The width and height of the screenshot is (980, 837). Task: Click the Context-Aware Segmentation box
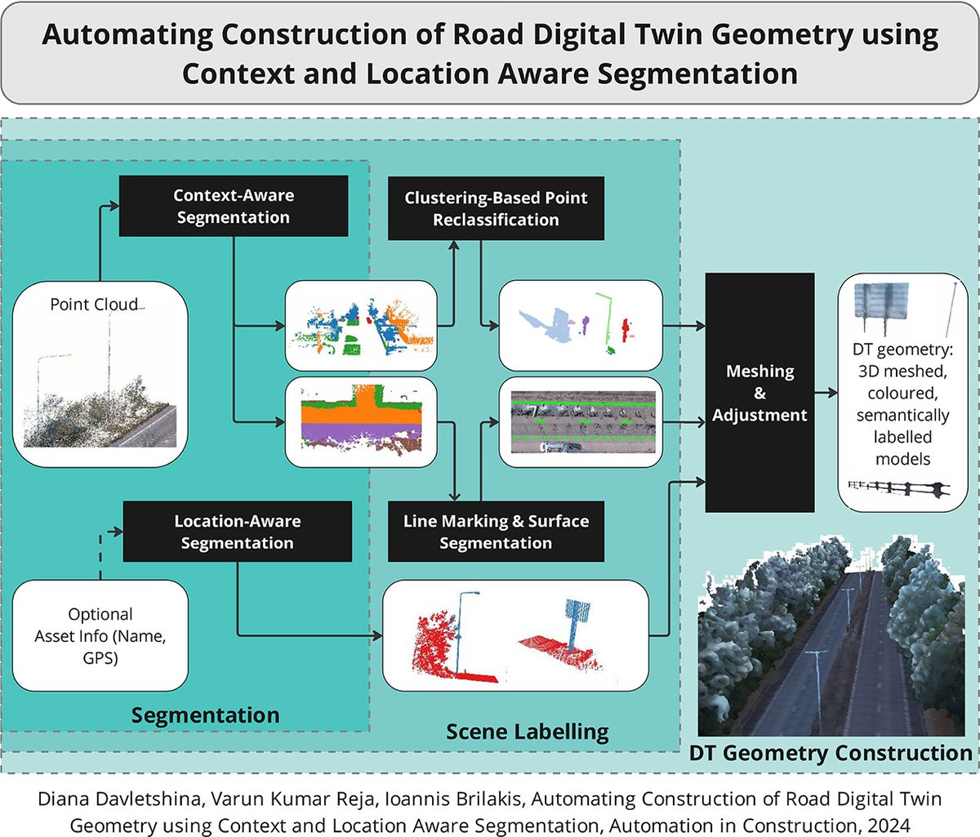click(x=234, y=207)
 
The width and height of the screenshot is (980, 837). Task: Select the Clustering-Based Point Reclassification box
click(x=496, y=209)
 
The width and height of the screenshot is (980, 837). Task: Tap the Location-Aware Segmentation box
click(x=237, y=532)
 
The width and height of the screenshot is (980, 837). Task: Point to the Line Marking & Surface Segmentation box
click(x=496, y=532)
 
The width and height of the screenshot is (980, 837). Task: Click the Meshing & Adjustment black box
click(x=759, y=393)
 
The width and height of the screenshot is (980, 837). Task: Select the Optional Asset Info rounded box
click(x=100, y=635)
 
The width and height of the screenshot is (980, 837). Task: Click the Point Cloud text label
click(x=94, y=305)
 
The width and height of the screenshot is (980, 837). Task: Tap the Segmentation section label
click(x=205, y=715)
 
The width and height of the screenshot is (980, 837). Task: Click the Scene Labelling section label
click(x=527, y=732)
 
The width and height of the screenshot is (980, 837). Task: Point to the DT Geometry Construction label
click(x=830, y=753)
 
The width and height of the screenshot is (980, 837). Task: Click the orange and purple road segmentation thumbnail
click(x=361, y=422)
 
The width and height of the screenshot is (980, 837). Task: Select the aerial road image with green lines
click(x=580, y=422)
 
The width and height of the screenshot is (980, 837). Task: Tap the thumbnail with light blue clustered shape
click(x=580, y=324)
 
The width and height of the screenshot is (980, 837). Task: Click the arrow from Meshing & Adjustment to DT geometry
click(x=826, y=393)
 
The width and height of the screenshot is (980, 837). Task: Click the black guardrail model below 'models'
click(x=898, y=488)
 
